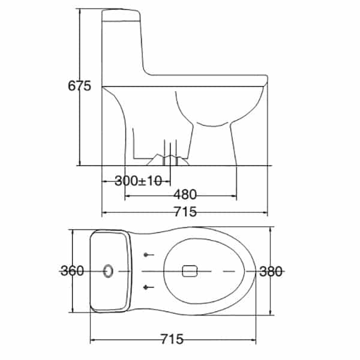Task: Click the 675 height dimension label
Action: pyautogui.click(x=79, y=86)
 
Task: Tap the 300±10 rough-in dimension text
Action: pyautogui.click(x=138, y=181)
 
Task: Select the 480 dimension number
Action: pyautogui.click(x=185, y=194)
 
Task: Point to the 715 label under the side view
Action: pyautogui.click(x=185, y=211)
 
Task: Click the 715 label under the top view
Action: pyautogui.click(x=172, y=339)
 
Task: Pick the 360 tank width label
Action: pyautogui.click(x=73, y=271)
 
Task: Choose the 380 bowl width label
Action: pyautogui.click(x=271, y=272)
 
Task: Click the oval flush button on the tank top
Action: pyautogui.click(x=108, y=271)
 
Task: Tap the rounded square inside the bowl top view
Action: pyautogui.click(x=190, y=271)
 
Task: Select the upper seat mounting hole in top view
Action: pyautogui.click(x=146, y=254)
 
